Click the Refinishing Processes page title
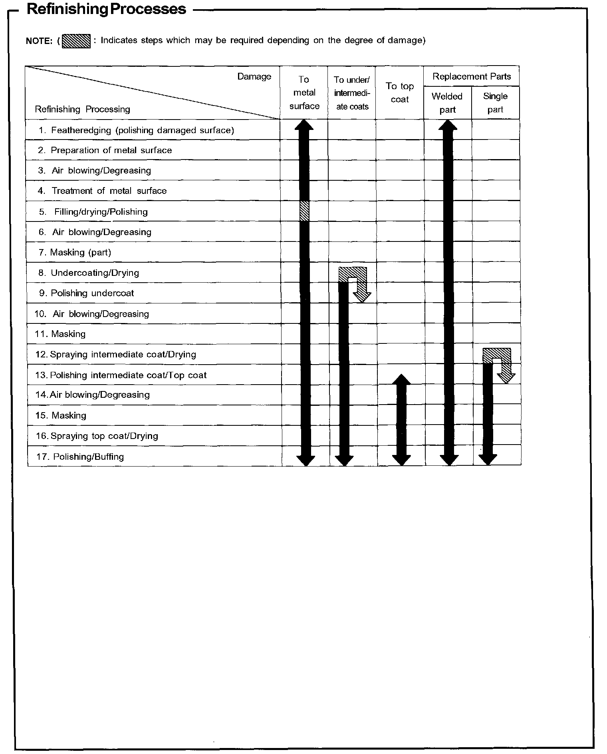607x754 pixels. tap(106, 9)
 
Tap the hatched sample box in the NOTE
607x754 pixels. tap(76, 41)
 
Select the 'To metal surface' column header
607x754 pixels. tap(304, 93)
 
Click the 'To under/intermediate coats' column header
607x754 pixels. tap(352, 93)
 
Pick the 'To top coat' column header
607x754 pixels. tap(400, 93)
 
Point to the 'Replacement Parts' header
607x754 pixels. tap(472, 76)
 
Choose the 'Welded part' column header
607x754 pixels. tap(447, 103)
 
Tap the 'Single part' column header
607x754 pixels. tap(495, 103)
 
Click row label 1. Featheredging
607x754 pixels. tap(137, 130)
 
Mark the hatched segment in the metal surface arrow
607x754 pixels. tap(304, 211)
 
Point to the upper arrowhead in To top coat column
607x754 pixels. tap(401, 380)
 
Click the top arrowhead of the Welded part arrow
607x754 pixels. tap(448, 125)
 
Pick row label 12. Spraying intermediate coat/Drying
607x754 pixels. tap(116, 355)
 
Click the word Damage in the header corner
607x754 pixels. tap(254, 76)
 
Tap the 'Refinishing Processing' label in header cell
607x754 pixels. tap(83, 109)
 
